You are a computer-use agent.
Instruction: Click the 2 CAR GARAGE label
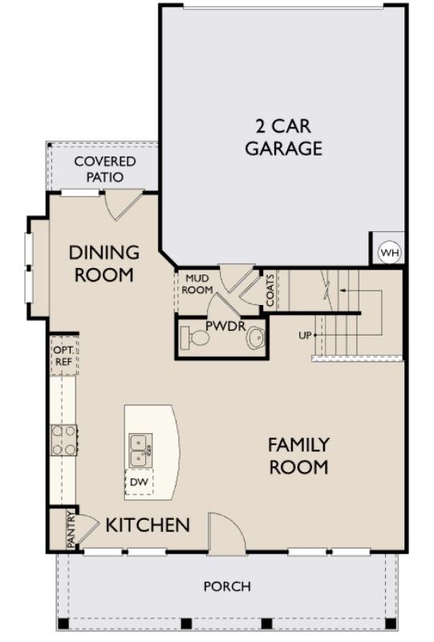[283, 137]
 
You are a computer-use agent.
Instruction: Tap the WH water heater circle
[390, 253]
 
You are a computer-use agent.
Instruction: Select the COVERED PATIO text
[105, 169]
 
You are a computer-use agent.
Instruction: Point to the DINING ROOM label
[103, 263]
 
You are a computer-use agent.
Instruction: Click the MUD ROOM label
[197, 284]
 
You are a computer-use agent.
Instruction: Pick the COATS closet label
[270, 290]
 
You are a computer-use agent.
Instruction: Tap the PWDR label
[219, 326]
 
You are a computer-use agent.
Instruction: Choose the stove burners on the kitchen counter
[63, 440]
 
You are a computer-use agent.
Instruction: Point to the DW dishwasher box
[140, 483]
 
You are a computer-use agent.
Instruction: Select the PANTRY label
[71, 530]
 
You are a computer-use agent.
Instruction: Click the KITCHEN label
[148, 526]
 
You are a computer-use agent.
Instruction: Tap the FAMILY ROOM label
[298, 455]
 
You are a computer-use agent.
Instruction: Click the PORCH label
[227, 587]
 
